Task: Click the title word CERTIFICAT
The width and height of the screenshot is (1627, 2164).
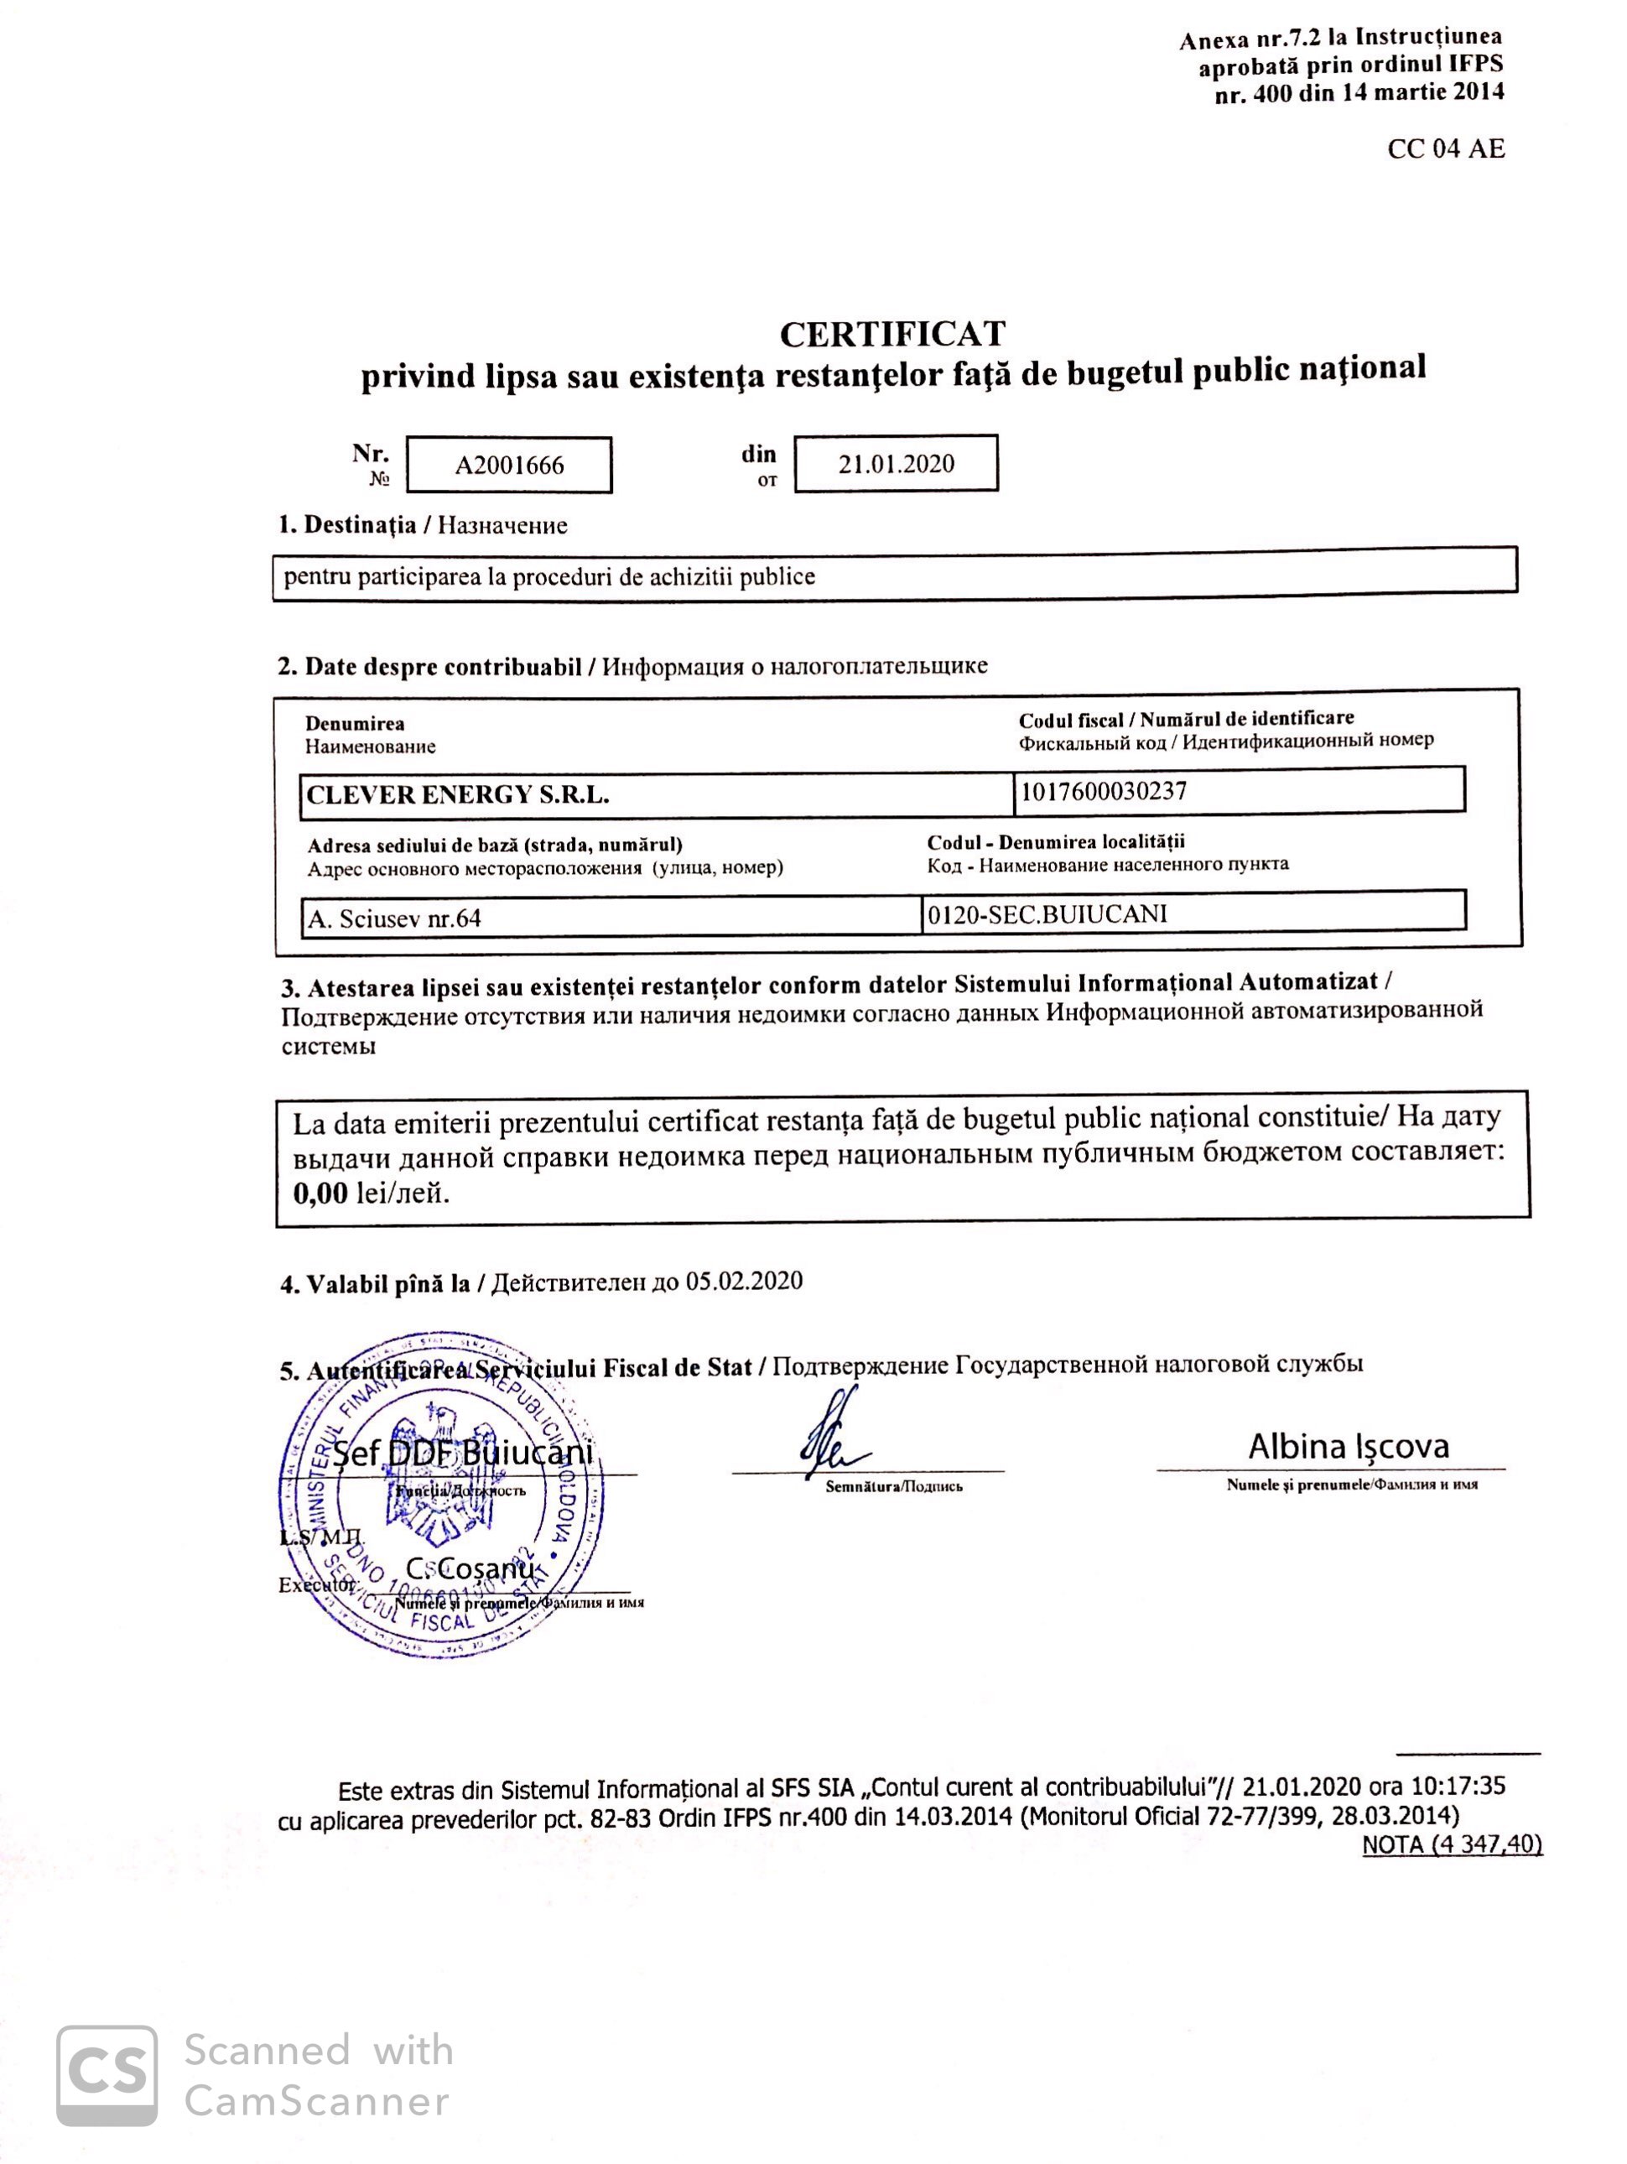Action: [x=891, y=334]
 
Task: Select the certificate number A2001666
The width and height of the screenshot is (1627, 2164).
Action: [x=509, y=465]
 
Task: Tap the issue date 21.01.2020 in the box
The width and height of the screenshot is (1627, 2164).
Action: [x=895, y=463]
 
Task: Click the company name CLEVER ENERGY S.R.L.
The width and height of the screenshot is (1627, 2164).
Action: [x=458, y=795]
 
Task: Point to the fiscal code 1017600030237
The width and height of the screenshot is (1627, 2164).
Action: [x=1103, y=790]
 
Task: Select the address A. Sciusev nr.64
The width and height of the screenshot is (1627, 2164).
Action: [x=394, y=918]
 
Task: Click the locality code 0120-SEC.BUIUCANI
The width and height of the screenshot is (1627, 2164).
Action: [x=1047, y=913]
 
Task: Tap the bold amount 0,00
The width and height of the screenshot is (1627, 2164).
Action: [x=320, y=1193]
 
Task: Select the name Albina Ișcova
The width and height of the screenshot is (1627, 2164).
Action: [x=1347, y=1446]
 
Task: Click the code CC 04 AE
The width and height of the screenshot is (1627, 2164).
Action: [x=1445, y=148]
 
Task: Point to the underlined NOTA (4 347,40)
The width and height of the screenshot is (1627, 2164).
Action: [x=1451, y=1844]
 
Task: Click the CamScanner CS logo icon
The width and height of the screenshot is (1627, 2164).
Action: [x=107, y=2076]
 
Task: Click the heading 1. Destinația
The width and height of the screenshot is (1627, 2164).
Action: [x=346, y=525]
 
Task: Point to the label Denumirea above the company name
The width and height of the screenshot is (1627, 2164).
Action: [x=354, y=724]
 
